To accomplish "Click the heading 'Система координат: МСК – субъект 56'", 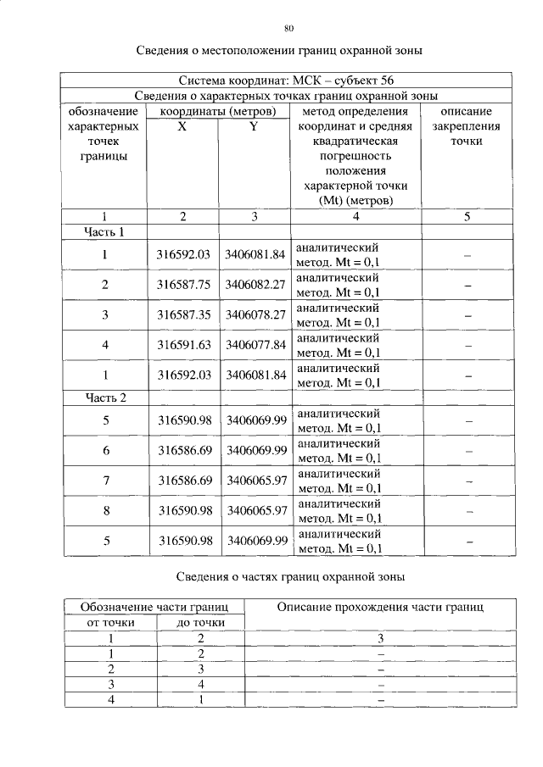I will [286, 81].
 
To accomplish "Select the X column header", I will [182, 127].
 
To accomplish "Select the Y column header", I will [254, 127].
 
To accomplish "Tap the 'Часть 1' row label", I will [104, 231].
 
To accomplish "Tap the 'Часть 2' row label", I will [104, 398].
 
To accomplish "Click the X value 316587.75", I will [182, 285].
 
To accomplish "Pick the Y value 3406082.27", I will [255, 285].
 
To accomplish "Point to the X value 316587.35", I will [182, 315].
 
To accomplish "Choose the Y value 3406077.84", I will [255, 346].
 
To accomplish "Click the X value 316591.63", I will [182, 346].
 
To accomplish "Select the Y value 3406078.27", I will [255, 315].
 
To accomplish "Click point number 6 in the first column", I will [105, 451].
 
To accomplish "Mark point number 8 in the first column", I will [105, 511].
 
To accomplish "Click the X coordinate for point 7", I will [182, 481].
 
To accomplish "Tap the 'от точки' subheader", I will [109, 623].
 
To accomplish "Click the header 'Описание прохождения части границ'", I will [380, 608].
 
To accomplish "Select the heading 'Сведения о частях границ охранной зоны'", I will [290, 577].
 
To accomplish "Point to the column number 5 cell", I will [467, 217].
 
